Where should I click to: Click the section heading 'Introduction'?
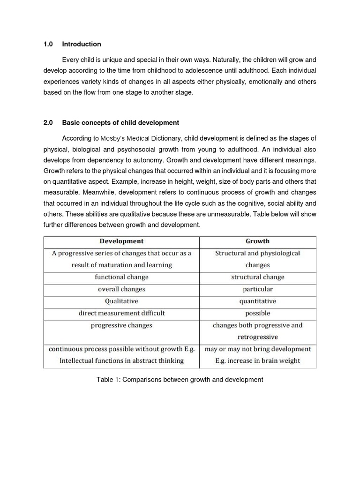tap(81, 44)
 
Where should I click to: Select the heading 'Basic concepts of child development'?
tap(120, 123)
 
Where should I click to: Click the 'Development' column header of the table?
tap(121, 241)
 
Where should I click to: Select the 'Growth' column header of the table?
tap(257, 241)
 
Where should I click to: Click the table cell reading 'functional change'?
tap(121, 277)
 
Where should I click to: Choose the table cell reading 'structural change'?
tap(257, 277)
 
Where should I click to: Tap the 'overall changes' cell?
tap(121, 289)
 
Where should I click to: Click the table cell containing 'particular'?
tap(257, 289)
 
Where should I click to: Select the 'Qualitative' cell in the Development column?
tap(121, 301)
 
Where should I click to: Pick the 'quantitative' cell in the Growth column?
tap(257, 301)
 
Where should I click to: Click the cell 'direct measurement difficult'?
tap(121, 313)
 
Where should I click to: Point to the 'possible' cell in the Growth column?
tap(257, 313)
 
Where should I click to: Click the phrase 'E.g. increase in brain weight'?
tap(257, 361)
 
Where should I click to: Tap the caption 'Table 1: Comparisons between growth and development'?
tap(180, 380)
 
